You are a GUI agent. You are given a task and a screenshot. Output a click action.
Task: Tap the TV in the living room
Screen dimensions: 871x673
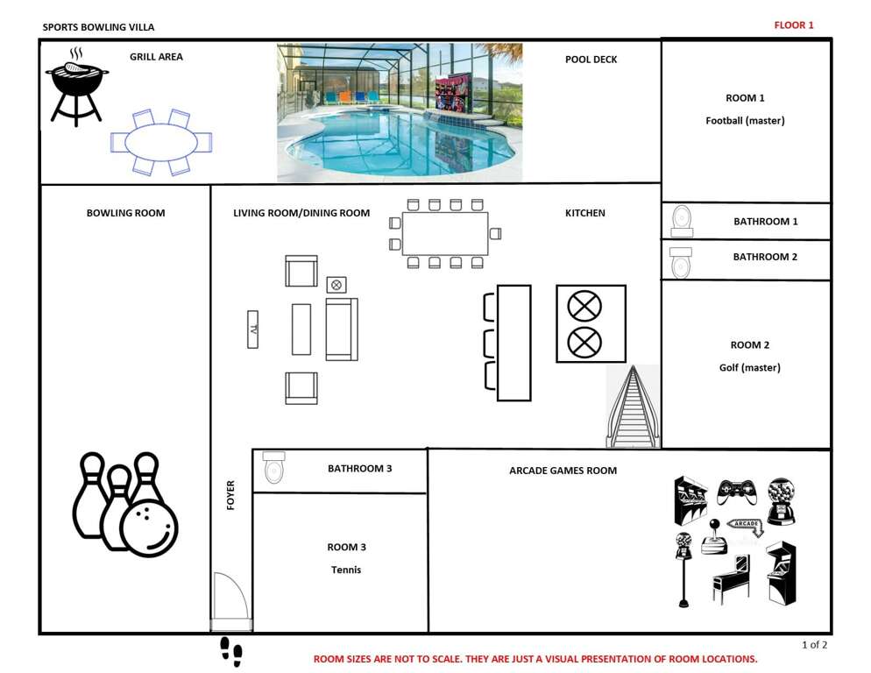(x=252, y=329)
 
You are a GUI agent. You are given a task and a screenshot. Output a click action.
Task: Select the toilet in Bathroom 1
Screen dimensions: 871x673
(x=682, y=221)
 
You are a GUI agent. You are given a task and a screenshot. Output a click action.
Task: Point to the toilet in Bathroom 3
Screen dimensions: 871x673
(x=274, y=467)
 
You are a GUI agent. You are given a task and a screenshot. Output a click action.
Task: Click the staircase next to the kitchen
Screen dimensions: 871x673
(x=634, y=407)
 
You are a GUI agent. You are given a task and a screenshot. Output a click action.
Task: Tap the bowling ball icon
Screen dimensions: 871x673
(x=149, y=527)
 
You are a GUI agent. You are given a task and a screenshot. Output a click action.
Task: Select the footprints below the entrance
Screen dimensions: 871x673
(x=231, y=652)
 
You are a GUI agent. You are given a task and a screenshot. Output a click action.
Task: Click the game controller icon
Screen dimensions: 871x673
(x=737, y=492)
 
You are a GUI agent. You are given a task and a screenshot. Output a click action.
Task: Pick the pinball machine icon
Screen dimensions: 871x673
(x=731, y=578)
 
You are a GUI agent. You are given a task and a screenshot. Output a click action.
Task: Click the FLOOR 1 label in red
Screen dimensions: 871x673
(x=794, y=25)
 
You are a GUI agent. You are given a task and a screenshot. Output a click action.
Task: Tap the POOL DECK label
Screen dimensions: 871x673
(x=591, y=60)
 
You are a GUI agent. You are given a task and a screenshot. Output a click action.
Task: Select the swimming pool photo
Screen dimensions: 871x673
(x=400, y=112)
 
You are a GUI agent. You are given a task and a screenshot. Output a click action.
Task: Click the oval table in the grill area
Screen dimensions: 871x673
(x=161, y=142)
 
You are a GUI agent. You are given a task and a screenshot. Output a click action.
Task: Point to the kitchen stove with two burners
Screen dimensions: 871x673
(x=591, y=324)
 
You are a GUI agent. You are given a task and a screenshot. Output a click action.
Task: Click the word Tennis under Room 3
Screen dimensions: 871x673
(x=346, y=570)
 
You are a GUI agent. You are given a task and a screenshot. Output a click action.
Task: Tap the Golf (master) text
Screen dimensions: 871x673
(x=750, y=367)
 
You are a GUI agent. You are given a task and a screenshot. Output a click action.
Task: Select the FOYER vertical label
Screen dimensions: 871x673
(x=230, y=495)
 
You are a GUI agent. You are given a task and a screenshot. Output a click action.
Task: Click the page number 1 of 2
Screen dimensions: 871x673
(x=814, y=645)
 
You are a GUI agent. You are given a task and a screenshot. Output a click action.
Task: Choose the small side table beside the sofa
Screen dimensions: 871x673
(x=336, y=285)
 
